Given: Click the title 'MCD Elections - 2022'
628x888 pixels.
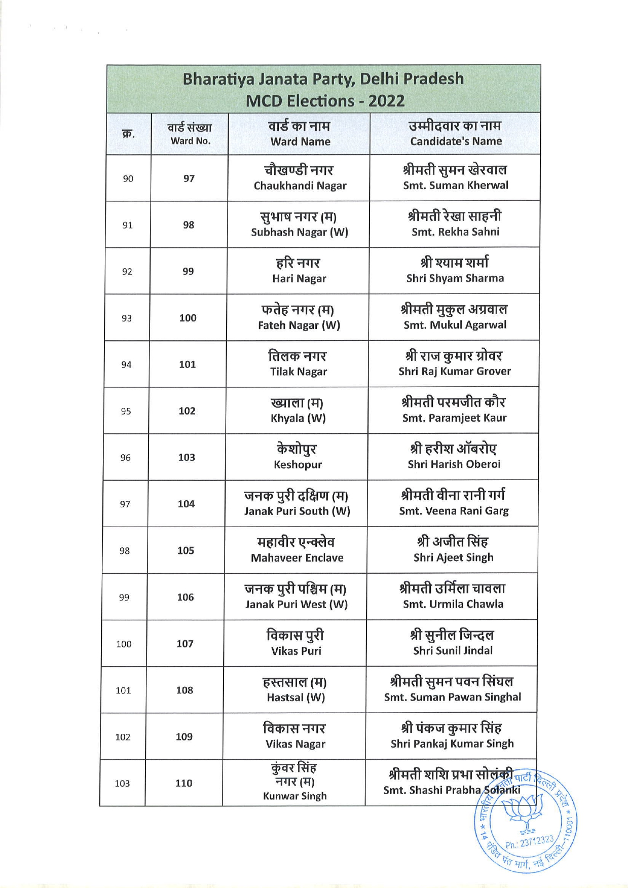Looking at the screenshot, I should click(x=325, y=100).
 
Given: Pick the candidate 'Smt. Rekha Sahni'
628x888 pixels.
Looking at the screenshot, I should click(x=455, y=232).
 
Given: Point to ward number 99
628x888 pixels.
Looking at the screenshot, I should click(x=188, y=271).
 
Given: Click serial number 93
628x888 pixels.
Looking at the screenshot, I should click(x=127, y=318).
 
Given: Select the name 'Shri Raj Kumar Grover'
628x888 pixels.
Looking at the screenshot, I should click(x=454, y=371).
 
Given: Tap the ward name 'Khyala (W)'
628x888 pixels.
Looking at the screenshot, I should click(x=298, y=418).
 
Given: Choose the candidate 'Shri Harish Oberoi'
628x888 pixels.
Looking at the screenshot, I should click(x=454, y=464).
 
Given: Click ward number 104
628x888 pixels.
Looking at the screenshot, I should click(x=186, y=504).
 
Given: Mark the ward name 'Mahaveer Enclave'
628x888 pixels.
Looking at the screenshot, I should click(x=297, y=558).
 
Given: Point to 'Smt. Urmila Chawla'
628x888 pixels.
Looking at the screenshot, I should click(x=453, y=604).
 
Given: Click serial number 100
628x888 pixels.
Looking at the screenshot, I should click(x=124, y=644).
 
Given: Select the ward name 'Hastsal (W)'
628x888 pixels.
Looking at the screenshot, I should click(x=296, y=697).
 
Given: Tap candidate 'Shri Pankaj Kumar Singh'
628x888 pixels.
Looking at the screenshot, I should click(x=452, y=744).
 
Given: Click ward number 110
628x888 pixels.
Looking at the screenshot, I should click(x=183, y=783).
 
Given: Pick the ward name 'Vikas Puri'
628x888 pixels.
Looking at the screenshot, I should click(x=296, y=651).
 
